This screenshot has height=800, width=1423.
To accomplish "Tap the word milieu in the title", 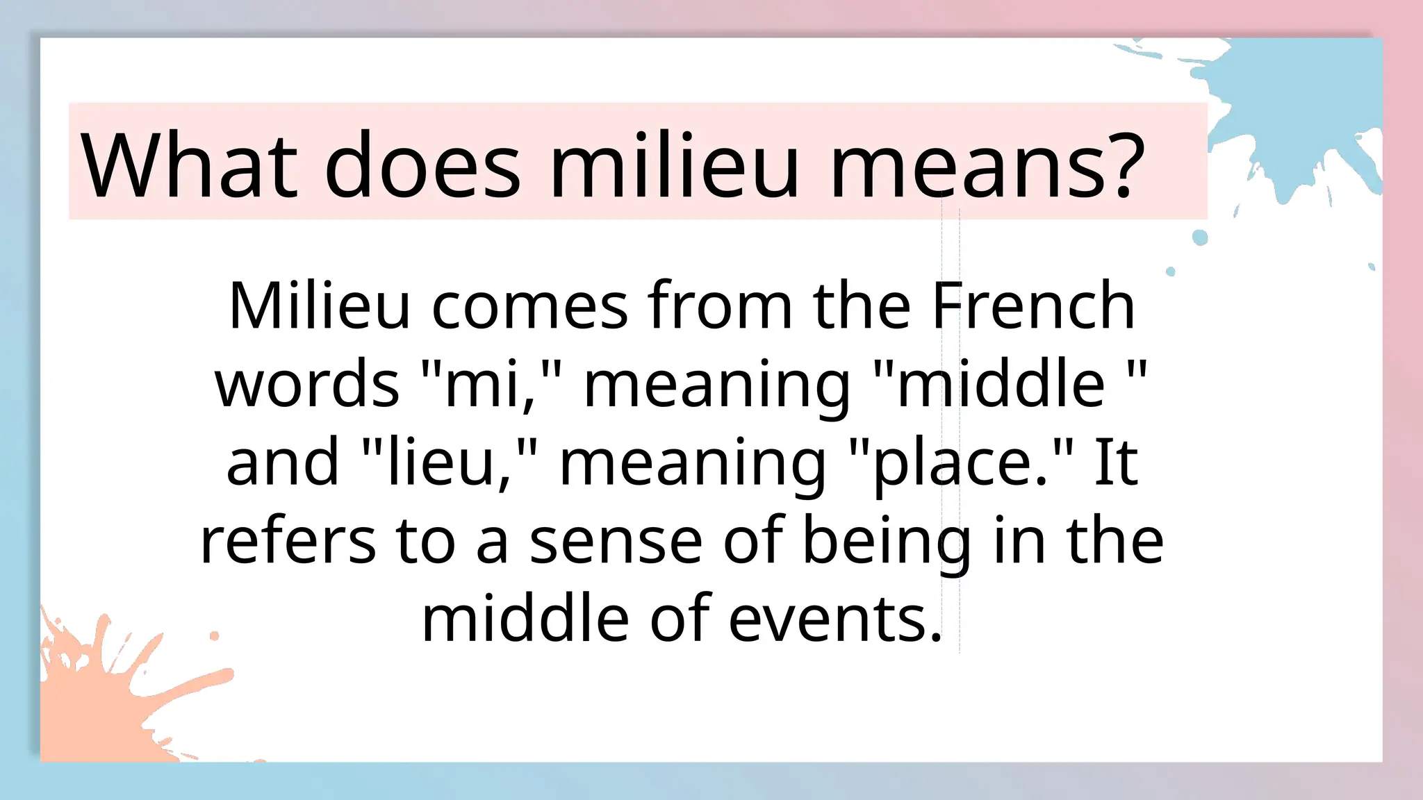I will tap(673, 165).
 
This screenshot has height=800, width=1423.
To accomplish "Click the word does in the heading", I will tap(422, 165).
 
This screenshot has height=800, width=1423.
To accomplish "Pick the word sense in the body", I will tap(616, 541).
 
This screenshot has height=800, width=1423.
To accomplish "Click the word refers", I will tap(288, 541).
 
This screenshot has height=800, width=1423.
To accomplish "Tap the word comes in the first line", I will tap(529, 307).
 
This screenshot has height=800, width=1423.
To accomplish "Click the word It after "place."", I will tap(1116, 462).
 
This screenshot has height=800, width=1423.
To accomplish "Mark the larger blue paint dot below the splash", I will tap(1200, 237).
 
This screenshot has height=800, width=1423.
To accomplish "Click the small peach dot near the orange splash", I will tap(214, 635).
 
